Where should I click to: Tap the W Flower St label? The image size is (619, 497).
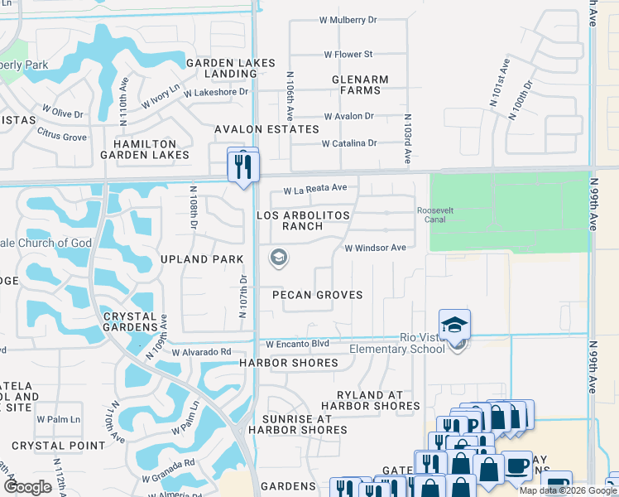[348, 55]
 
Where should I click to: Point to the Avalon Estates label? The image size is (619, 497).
[266, 129]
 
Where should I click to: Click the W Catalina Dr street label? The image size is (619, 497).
[349, 143]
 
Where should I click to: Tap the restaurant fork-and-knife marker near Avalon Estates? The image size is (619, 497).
[243, 166]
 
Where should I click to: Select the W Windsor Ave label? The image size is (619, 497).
[375, 248]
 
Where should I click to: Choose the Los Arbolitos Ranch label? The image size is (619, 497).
[303, 220]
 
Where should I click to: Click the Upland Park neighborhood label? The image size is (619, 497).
[202, 259]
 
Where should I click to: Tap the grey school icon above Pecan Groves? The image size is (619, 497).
[279, 258]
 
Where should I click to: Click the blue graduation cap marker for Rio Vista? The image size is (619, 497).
[454, 325]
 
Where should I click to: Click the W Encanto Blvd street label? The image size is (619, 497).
[297, 344]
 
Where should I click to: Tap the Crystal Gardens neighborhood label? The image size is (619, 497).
[130, 321]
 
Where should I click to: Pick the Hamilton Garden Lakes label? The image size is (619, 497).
[145, 149]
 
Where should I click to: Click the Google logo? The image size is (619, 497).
[28, 487]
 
